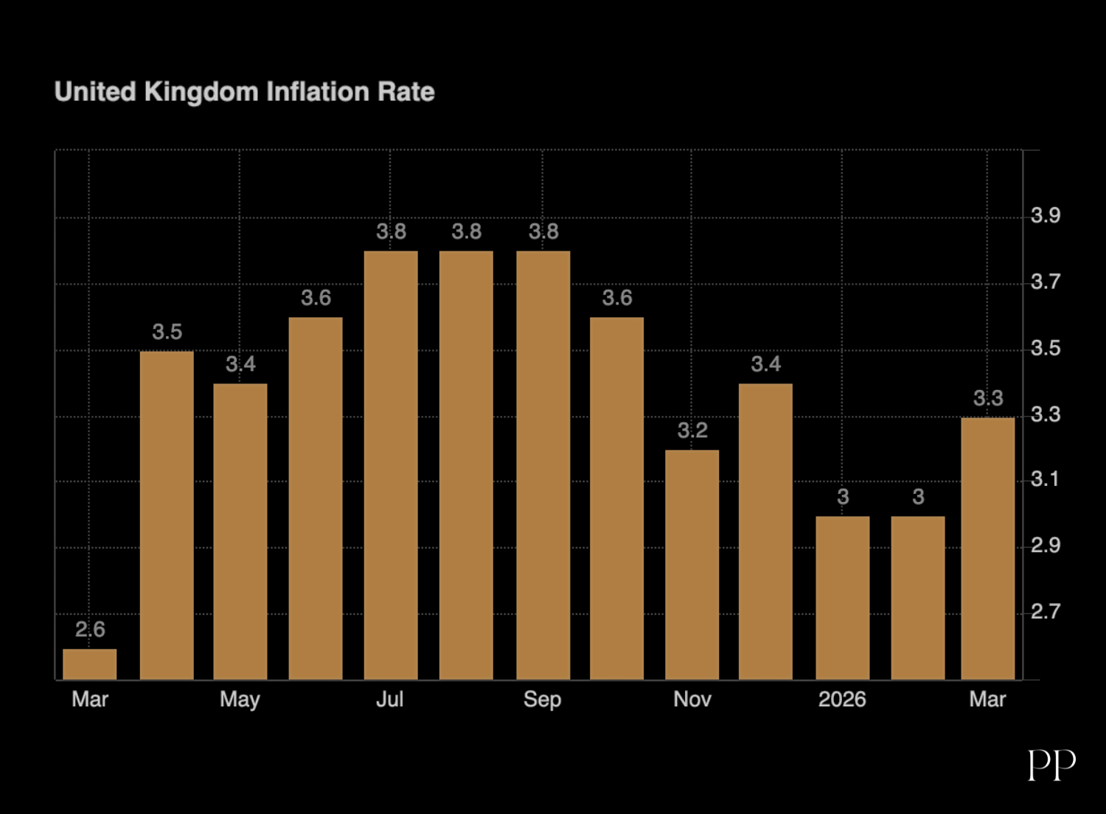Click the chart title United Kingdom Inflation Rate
(244, 91)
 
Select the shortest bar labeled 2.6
(90, 664)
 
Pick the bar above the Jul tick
(391, 465)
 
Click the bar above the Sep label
(543, 465)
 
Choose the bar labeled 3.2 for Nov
(692, 564)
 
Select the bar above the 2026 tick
(843, 597)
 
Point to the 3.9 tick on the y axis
(1046, 215)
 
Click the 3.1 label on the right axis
(1046, 479)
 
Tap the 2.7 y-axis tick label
(1046, 611)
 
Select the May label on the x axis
(240, 699)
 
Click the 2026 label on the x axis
(842, 699)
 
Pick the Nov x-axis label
(692, 699)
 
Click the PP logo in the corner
(1051, 765)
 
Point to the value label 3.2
(692, 431)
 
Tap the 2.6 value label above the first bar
(90, 630)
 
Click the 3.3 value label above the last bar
(988, 398)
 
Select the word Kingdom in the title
(201, 91)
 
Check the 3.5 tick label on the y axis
(1046, 348)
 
